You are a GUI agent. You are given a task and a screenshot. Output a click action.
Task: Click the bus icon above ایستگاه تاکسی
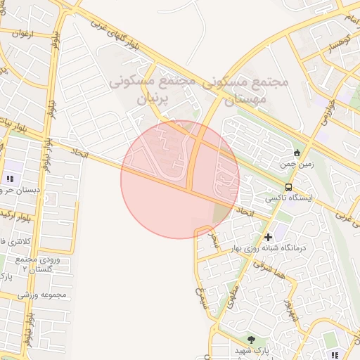289,187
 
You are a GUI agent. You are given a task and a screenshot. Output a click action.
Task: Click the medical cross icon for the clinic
268,237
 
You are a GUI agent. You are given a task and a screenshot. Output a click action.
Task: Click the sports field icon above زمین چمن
297,153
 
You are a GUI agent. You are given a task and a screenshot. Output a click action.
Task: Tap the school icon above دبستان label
10,179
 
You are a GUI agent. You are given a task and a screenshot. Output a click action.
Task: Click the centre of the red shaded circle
180,180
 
